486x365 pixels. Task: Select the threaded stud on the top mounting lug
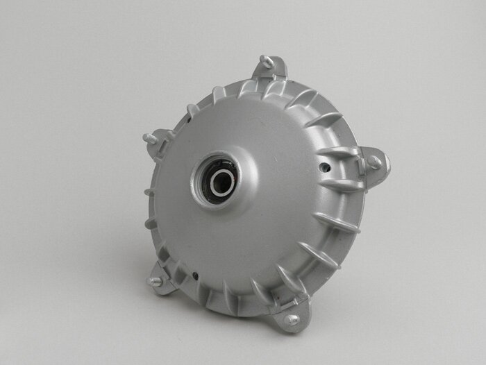pyautogui.click(x=266, y=62)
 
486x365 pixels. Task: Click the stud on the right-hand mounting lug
pyautogui.click(x=374, y=162)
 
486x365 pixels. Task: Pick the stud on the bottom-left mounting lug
pyautogui.click(x=156, y=282)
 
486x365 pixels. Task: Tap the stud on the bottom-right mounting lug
pyautogui.click(x=292, y=319)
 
